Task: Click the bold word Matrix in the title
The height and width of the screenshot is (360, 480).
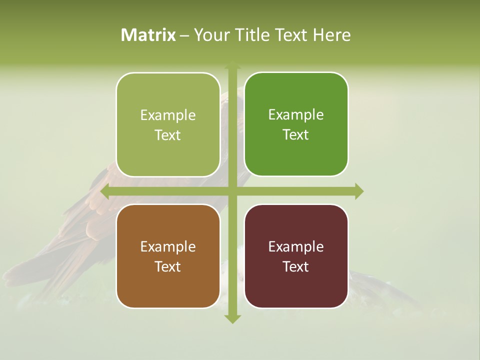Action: click(x=148, y=35)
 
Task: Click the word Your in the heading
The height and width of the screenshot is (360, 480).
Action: click(x=210, y=35)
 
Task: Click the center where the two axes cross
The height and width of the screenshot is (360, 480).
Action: click(x=232, y=191)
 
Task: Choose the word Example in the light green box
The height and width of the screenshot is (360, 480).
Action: click(x=168, y=115)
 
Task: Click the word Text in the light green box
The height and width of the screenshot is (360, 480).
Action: click(x=168, y=135)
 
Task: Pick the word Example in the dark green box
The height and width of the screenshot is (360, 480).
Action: click(x=296, y=115)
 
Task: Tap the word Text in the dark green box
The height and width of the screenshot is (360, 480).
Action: click(x=296, y=135)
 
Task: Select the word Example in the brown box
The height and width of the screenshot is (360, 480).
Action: click(x=168, y=247)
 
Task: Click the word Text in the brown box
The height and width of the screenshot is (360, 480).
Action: click(x=168, y=267)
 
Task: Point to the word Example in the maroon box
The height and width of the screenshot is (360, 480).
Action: click(x=296, y=247)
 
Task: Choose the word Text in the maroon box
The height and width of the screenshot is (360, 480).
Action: click(x=296, y=267)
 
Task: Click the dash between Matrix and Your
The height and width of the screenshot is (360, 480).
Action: click(x=184, y=35)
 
